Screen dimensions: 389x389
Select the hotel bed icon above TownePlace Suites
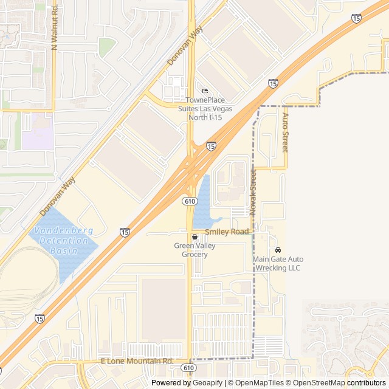(x=204, y=91)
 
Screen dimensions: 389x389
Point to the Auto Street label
(x=284, y=132)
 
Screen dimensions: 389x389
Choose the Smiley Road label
(x=227, y=232)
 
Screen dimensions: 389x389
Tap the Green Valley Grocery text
(x=194, y=250)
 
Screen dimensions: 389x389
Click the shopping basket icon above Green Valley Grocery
(x=194, y=236)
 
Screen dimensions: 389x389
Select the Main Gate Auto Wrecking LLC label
(x=278, y=263)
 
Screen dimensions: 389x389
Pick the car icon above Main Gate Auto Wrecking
(x=278, y=250)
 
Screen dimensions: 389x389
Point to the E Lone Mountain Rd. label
(x=137, y=361)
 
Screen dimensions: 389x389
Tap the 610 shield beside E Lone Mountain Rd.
(x=188, y=368)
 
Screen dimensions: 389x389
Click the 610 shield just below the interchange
(x=190, y=201)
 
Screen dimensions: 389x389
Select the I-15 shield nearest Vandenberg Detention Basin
(x=125, y=232)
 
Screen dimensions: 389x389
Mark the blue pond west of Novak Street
(x=203, y=201)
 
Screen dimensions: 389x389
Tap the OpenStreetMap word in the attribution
(x=316, y=383)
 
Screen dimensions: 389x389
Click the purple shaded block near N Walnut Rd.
(x=40, y=131)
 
